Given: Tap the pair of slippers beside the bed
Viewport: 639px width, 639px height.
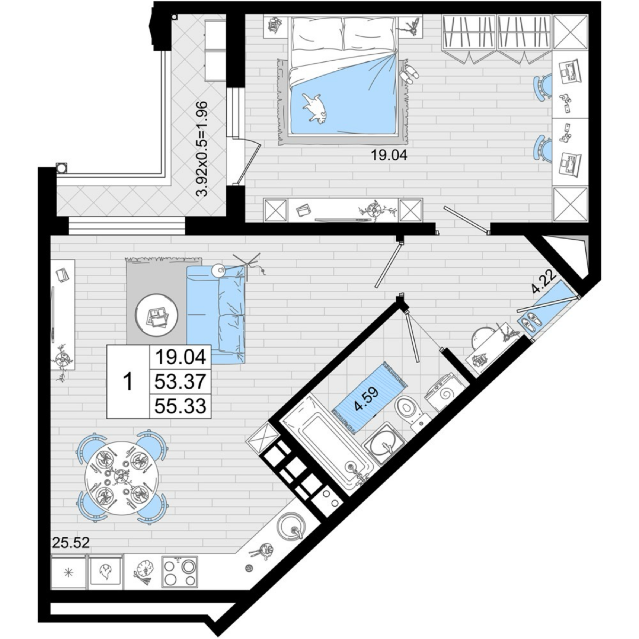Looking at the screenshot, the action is click(x=409, y=73).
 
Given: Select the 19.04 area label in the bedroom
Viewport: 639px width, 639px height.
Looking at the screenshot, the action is click(x=388, y=155).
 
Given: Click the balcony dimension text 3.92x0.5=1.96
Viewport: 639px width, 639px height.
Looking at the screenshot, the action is click(x=202, y=149).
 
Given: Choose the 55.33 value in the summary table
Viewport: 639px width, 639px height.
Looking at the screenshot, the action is click(x=181, y=406).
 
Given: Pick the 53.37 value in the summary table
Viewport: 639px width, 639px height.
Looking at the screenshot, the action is click(x=181, y=382).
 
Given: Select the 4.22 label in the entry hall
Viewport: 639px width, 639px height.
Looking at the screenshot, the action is click(x=544, y=282).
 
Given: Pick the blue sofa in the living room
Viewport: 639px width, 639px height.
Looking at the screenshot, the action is click(x=216, y=315).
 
